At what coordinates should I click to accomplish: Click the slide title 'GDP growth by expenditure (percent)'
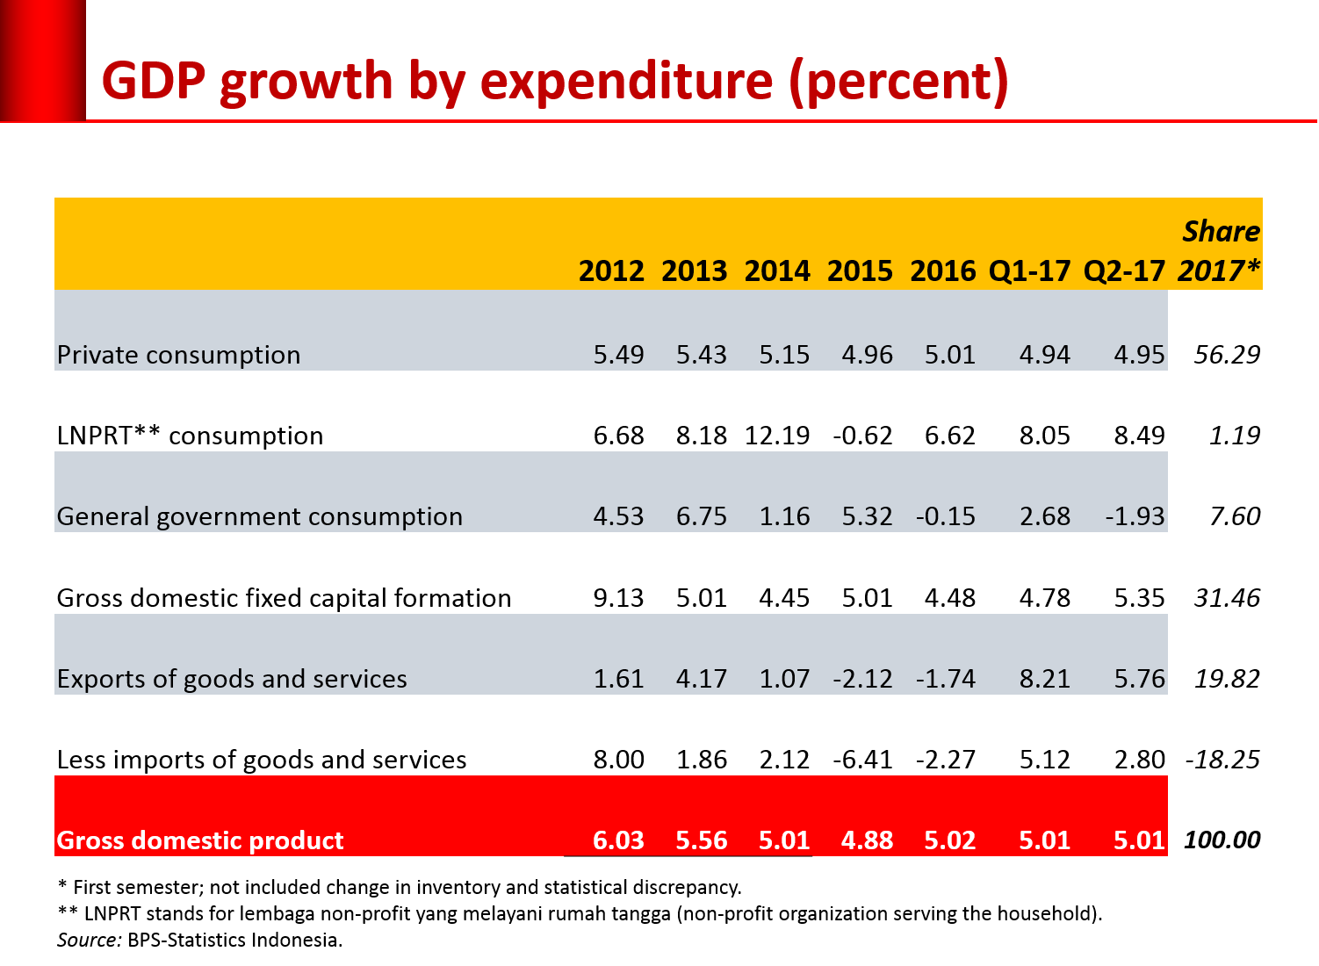coord(555,82)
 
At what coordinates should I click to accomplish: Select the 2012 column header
coord(611,270)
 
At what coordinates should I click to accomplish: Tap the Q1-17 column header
coord(1029,270)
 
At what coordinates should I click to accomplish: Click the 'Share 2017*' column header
coord(1220,251)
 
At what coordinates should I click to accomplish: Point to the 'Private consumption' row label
coord(179,355)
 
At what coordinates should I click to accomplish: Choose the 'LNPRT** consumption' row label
coord(191,436)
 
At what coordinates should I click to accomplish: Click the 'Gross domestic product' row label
coord(200,840)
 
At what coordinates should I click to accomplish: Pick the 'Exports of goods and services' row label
coord(232,679)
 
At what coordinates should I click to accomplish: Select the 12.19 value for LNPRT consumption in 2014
coord(777,436)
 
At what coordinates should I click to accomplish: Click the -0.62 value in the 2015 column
coord(862,436)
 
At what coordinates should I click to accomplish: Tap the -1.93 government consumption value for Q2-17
coord(1135,516)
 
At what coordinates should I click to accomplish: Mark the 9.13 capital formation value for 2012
coord(618,598)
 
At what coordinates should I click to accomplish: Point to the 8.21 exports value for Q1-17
coord(1044,679)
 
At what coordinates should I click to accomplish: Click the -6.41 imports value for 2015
coord(862,760)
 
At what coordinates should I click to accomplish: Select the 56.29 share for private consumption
coord(1227,355)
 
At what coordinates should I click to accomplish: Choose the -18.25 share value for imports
coord(1222,760)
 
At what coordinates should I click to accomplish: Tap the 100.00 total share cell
coord(1222,840)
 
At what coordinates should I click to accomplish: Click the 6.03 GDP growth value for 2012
coord(618,840)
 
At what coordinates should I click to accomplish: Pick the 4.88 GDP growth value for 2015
coord(867,840)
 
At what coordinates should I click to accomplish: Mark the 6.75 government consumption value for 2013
coord(701,516)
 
